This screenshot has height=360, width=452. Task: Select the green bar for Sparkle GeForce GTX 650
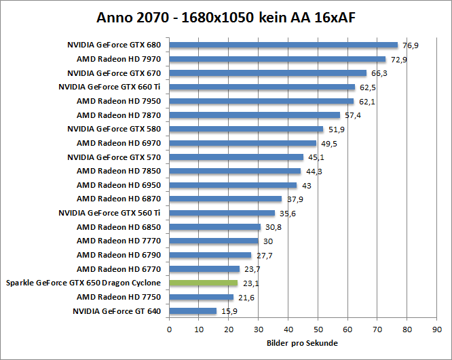pyautogui.click(x=203, y=283)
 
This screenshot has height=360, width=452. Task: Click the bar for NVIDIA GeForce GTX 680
pyautogui.click(x=283, y=45)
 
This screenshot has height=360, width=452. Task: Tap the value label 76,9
pyautogui.click(x=411, y=45)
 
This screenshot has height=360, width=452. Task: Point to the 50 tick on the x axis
pyautogui.click(x=318, y=330)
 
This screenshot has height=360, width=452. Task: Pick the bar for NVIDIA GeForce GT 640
pyautogui.click(x=193, y=311)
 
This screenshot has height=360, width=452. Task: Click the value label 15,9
pyautogui.click(x=229, y=312)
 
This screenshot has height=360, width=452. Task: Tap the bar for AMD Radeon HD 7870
pyautogui.click(x=255, y=115)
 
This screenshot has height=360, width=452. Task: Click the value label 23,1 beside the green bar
pyautogui.click(x=250, y=283)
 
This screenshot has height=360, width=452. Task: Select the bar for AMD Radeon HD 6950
pyautogui.click(x=233, y=185)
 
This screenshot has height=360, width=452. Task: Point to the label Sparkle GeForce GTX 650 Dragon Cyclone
pyautogui.click(x=83, y=283)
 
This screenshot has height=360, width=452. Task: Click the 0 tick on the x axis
pyautogui.click(x=169, y=330)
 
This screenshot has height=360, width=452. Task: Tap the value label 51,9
pyautogui.click(x=336, y=129)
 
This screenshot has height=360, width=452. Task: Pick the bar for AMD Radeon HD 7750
pyautogui.click(x=201, y=297)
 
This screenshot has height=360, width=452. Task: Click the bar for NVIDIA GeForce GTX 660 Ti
pyautogui.click(x=262, y=87)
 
